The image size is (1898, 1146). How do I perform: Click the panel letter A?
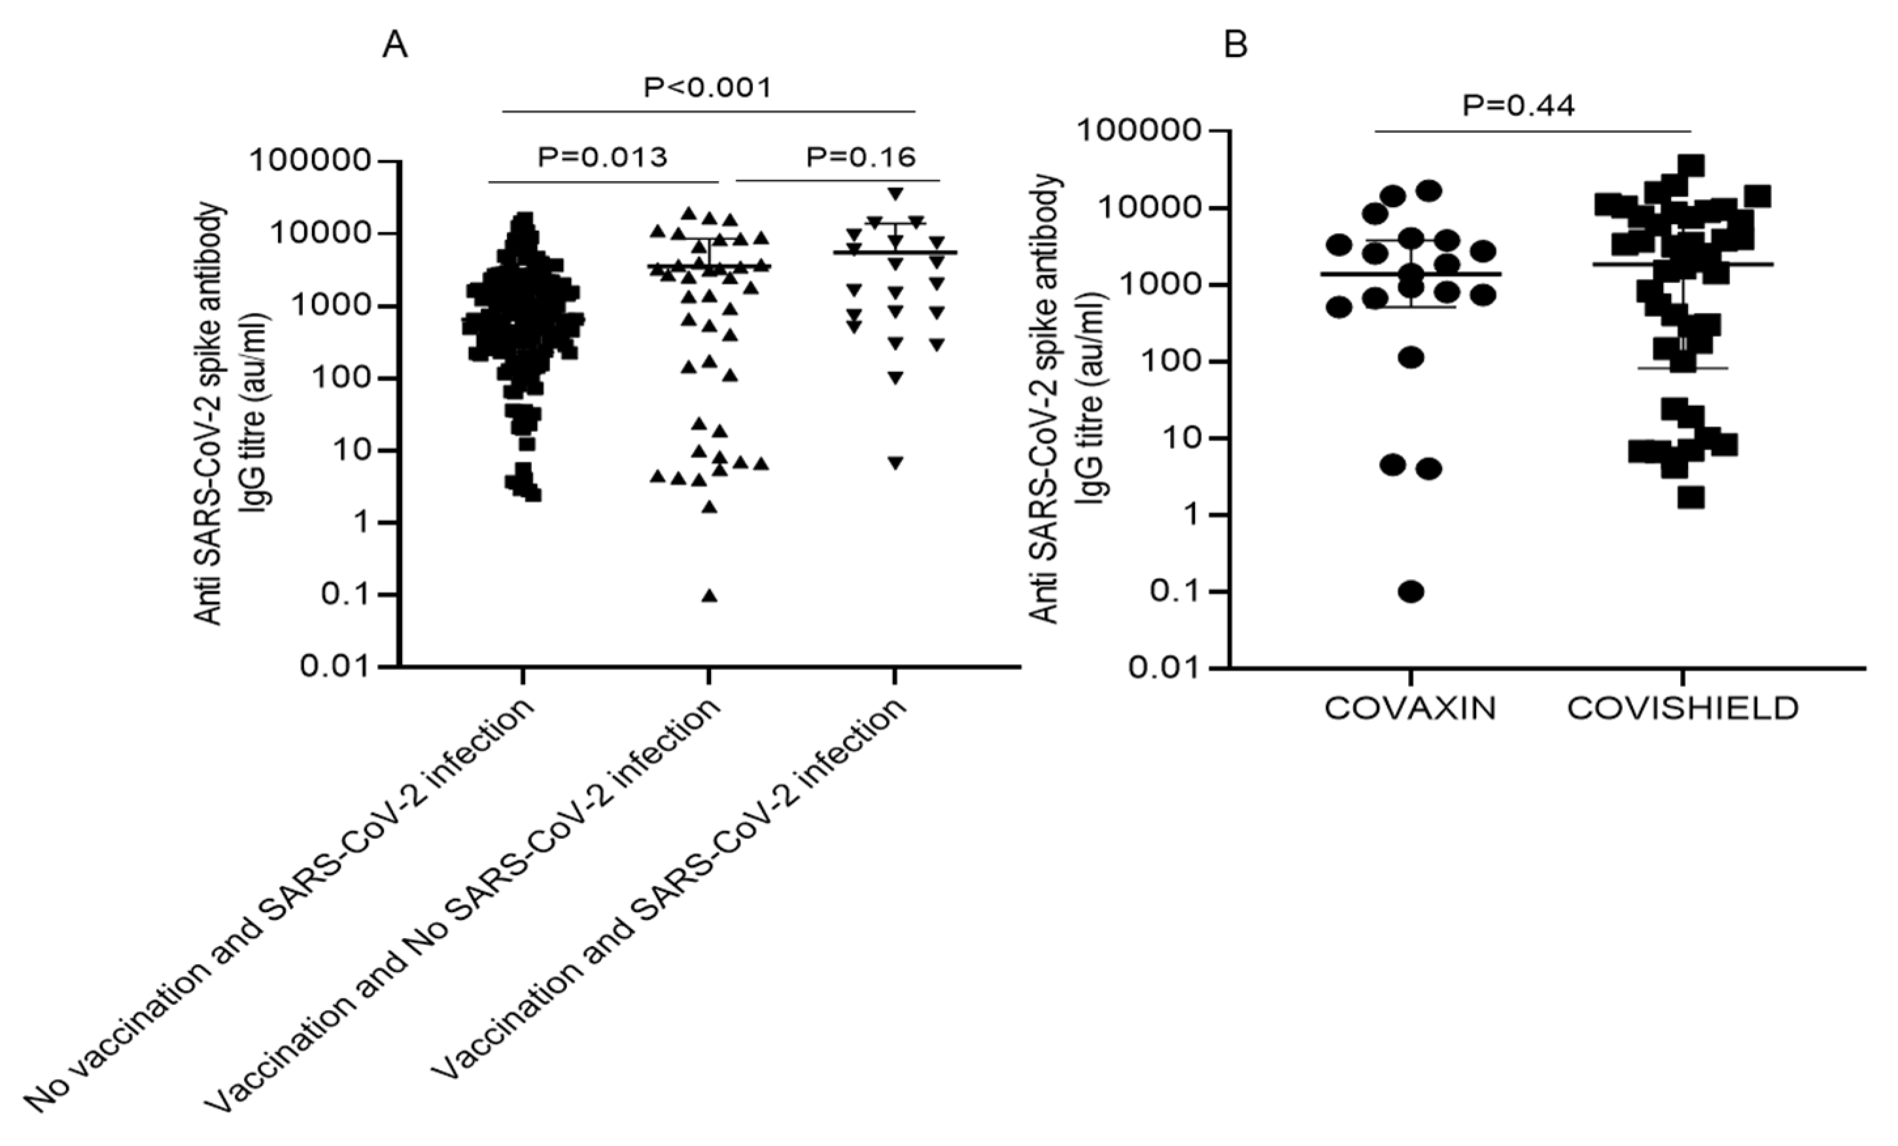point(395,46)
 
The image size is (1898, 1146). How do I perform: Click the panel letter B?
point(1235,46)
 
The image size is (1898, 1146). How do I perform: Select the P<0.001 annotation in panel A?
point(707,88)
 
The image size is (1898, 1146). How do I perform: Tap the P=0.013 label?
point(602,157)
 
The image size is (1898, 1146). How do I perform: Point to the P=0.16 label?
point(861,157)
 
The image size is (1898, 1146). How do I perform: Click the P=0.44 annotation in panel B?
point(1518,105)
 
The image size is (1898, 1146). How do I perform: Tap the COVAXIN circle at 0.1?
point(1411,592)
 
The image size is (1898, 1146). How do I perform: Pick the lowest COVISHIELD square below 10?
point(1691,497)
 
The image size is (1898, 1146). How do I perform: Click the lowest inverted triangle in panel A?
point(895,463)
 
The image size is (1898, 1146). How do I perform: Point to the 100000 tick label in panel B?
point(1139,131)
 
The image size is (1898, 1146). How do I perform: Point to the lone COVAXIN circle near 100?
point(1411,358)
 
